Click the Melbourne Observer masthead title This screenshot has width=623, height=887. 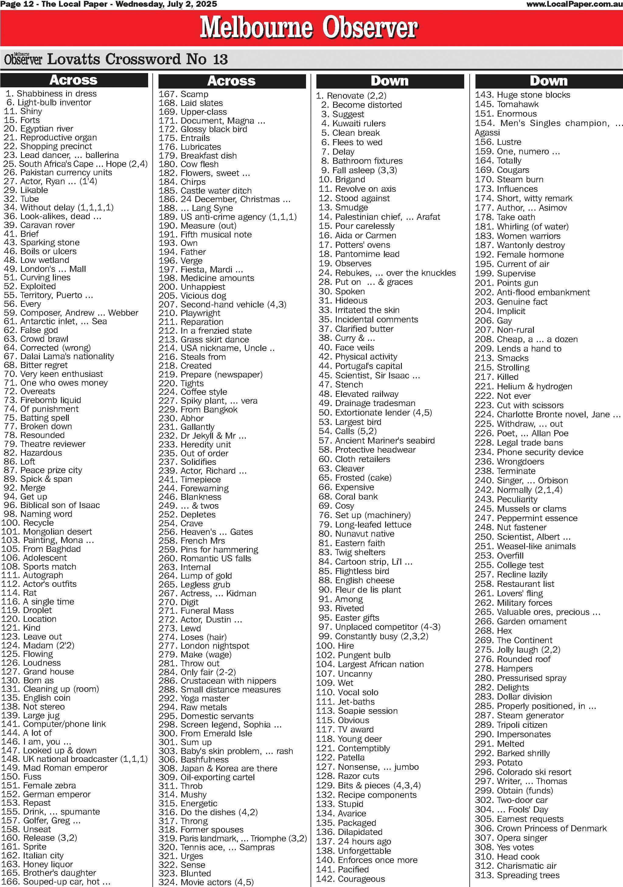[x=308, y=28]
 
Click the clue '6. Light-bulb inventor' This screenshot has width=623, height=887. [x=49, y=102]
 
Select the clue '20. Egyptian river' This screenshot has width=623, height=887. [x=39, y=129]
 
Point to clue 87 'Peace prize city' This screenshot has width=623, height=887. [x=43, y=470]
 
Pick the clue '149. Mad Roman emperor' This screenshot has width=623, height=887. [x=54, y=768]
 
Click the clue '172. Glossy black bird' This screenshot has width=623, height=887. [x=203, y=129]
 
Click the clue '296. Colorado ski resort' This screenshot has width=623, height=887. [x=523, y=772]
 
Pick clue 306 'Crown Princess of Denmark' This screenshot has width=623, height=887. [x=541, y=828]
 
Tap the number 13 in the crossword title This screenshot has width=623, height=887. [x=220, y=59]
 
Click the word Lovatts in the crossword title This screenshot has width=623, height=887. [x=74, y=59]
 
